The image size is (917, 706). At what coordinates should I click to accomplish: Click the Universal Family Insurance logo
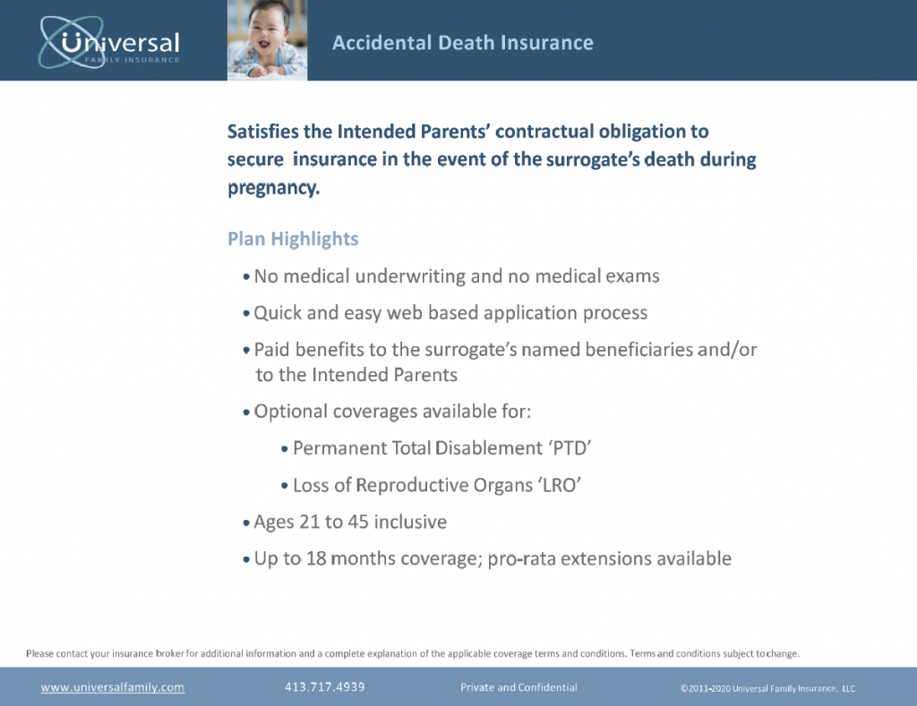click(109, 41)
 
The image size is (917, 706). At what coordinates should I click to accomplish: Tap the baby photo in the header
click(267, 39)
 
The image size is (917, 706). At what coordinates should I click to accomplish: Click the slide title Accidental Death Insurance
click(462, 43)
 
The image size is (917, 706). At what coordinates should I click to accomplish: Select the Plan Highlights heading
click(293, 239)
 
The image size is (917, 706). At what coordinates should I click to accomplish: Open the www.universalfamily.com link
click(113, 687)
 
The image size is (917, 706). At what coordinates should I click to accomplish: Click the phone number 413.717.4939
click(324, 687)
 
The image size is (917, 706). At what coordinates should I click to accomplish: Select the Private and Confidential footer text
click(518, 687)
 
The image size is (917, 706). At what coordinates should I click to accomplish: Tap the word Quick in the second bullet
click(279, 313)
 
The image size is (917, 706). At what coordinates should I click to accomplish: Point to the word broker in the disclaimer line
click(170, 653)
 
